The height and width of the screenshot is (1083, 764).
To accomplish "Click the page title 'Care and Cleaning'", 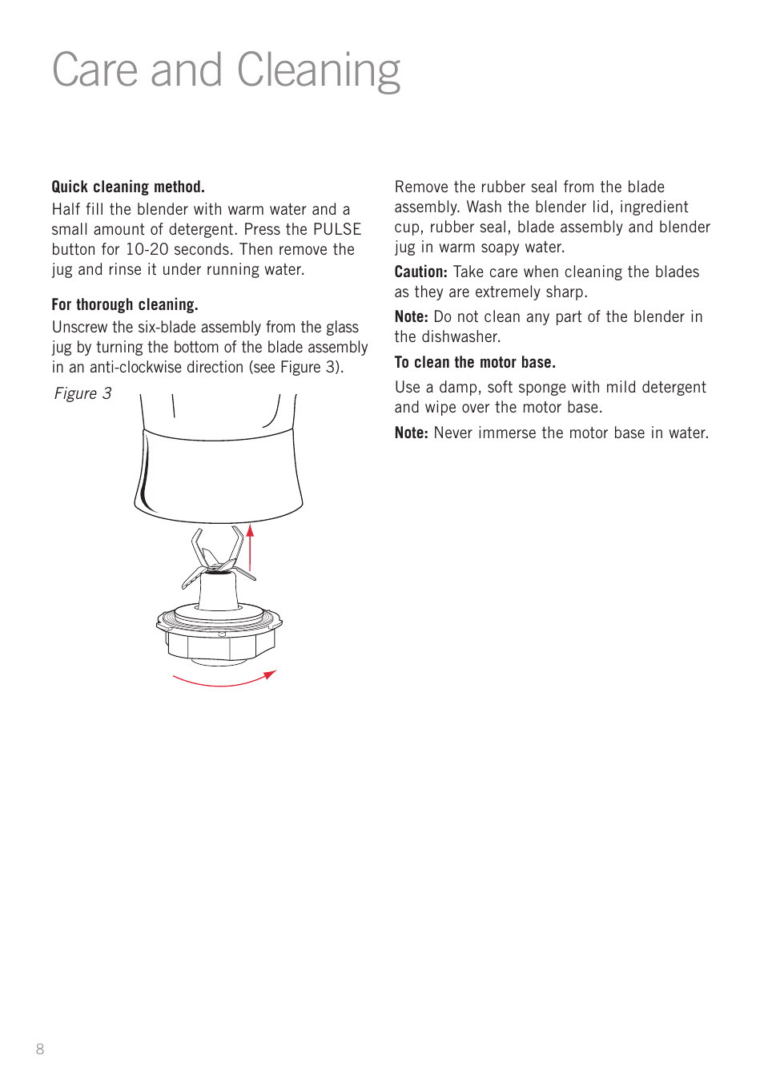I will (226, 71).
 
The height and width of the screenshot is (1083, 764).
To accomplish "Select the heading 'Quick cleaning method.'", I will (128, 187).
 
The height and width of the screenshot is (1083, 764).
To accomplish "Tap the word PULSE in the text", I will (336, 229).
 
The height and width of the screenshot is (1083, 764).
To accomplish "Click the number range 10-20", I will (147, 249).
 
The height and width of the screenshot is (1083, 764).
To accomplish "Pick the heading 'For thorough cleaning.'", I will (125, 304).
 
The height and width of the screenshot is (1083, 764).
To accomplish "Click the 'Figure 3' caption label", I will (82, 393).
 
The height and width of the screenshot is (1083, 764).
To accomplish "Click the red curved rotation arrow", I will (223, 681).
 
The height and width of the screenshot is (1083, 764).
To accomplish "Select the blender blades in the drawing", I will (217, 556).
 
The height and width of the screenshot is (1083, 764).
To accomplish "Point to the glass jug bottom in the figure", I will (219, 477).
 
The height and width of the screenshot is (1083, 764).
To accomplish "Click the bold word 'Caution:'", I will (420, 272).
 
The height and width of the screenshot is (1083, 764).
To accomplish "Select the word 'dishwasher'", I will (460, 336).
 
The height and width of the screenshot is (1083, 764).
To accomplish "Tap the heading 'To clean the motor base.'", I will (475, 362).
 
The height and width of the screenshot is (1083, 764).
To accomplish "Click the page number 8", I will (40, 1049).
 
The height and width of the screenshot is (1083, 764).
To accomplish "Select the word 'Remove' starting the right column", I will (421, 187).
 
